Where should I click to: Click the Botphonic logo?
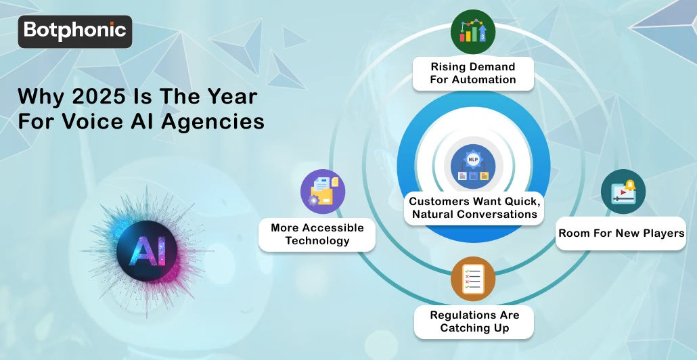pos(74,31)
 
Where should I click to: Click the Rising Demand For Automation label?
pos(473,73)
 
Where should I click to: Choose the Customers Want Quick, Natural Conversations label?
pos(473,208)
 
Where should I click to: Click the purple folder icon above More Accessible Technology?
pos(323,192)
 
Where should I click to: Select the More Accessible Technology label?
pos(317,234)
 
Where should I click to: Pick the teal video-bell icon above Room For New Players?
pos(623,192)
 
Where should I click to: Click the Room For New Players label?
pos(621,233)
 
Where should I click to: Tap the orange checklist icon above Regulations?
pos(473,278)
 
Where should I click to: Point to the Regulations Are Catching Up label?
pos(474,321)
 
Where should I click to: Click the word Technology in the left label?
pos(317,240)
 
